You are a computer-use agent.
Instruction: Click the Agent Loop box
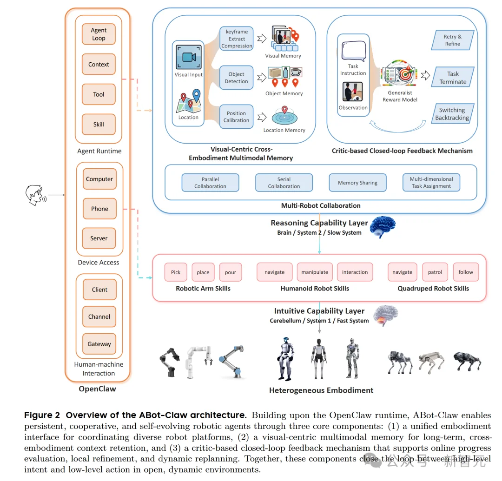coord(99,34)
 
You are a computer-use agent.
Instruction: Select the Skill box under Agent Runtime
coord(99,124)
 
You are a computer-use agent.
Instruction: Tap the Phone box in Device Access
coord(99,209)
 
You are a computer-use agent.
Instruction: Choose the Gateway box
coord(99,344)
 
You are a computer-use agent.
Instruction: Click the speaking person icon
coord(34,196)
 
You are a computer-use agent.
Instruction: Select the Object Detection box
coord(236,78)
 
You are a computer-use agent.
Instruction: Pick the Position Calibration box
coord(236,117)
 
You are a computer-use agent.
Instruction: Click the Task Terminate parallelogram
coord(453,78)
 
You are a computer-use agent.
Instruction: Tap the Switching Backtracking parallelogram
coord(452,114)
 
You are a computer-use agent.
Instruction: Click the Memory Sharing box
coord(357,183)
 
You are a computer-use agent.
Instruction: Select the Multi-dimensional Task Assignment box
coord(431,182)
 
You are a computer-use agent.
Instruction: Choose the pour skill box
coord(231,272)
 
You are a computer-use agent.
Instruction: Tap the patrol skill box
coord(435,272)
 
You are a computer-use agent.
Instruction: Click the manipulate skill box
coord(315,272)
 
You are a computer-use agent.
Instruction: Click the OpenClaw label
coord(98,389)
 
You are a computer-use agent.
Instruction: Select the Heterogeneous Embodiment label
coord(321,390)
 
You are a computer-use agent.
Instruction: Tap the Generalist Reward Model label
coord(399,96)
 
